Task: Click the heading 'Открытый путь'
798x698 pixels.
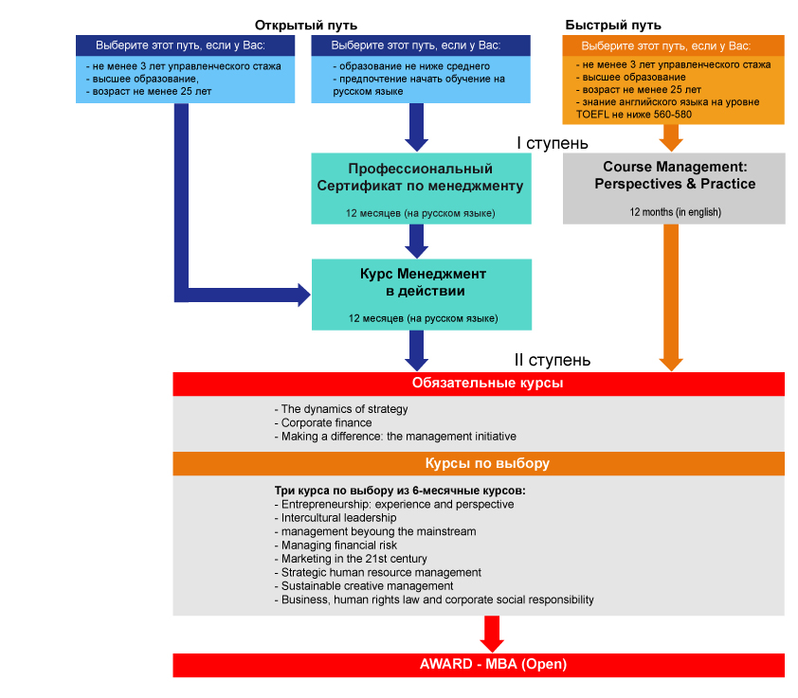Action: pos(306,26)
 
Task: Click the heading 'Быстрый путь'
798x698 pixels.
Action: pos(613,25)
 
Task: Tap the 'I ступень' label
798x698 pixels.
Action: pos(553,143)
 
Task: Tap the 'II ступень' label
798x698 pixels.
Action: pos(553,360)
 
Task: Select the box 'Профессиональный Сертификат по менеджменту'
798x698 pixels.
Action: pos(422,188)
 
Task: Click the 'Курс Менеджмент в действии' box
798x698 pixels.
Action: pos(422,295)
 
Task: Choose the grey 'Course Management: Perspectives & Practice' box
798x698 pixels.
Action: pos(674,188)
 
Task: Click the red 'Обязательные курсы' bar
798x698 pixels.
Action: pos(479,384)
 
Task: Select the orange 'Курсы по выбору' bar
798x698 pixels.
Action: pos(479,463)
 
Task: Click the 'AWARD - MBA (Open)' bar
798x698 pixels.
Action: pos(479,665)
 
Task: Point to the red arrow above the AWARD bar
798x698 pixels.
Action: pos(492,634)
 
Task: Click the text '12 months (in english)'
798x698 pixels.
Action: pos(676,212)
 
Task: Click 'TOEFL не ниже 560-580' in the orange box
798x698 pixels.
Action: pos(634,115)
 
